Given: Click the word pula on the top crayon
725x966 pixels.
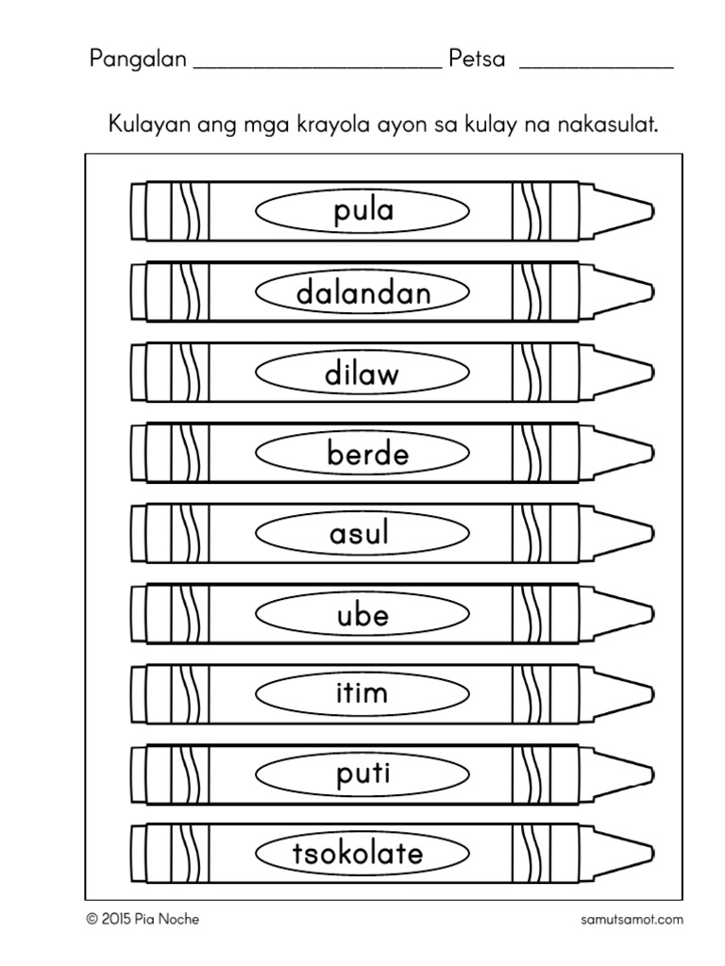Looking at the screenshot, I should click(x=363, y=211).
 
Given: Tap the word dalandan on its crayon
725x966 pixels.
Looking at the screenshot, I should click(x=363, y=292).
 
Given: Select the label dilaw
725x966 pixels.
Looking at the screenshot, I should click(x=362, y=374).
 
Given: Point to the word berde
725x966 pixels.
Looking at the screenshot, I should click(x=368, y=454).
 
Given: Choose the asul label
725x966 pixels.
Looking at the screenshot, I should click(x=360, y=535).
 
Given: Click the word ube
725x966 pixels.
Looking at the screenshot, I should click(x=362, y=615).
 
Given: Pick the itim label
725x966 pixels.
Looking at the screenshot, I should click(x=362, y=694).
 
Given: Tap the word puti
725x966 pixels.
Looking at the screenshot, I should click(x=362, y=775).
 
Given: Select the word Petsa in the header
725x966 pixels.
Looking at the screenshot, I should click(x=478, y=59).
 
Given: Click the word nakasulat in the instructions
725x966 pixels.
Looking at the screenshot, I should click(x=607, y=125).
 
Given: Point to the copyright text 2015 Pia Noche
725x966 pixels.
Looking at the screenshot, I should click(x=143, y=919).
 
